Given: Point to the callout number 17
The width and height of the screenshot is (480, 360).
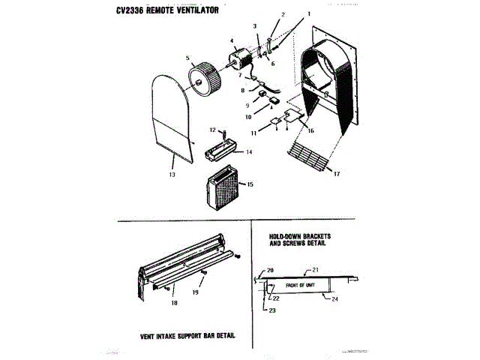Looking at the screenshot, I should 337,175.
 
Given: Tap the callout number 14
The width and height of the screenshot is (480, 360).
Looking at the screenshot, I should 250,151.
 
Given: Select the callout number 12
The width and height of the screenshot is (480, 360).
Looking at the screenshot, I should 212,130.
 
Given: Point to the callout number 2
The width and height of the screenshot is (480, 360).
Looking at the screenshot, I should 283,15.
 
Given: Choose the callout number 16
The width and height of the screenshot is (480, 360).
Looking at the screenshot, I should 311,131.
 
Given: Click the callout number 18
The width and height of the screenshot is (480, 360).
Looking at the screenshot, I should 174,303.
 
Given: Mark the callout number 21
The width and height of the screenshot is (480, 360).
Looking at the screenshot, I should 316,268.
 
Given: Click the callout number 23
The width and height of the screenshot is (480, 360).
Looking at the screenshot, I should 271,310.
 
